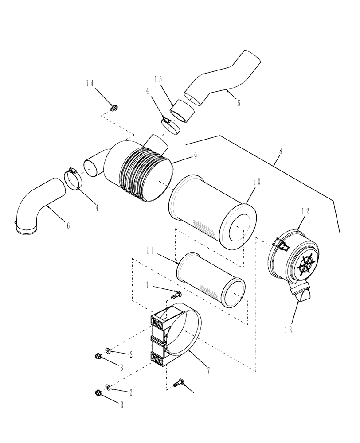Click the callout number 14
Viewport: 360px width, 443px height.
coord(90,83)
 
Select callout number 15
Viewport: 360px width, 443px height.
coord(158,79)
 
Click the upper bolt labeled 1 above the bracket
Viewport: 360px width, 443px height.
coord(175,293)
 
